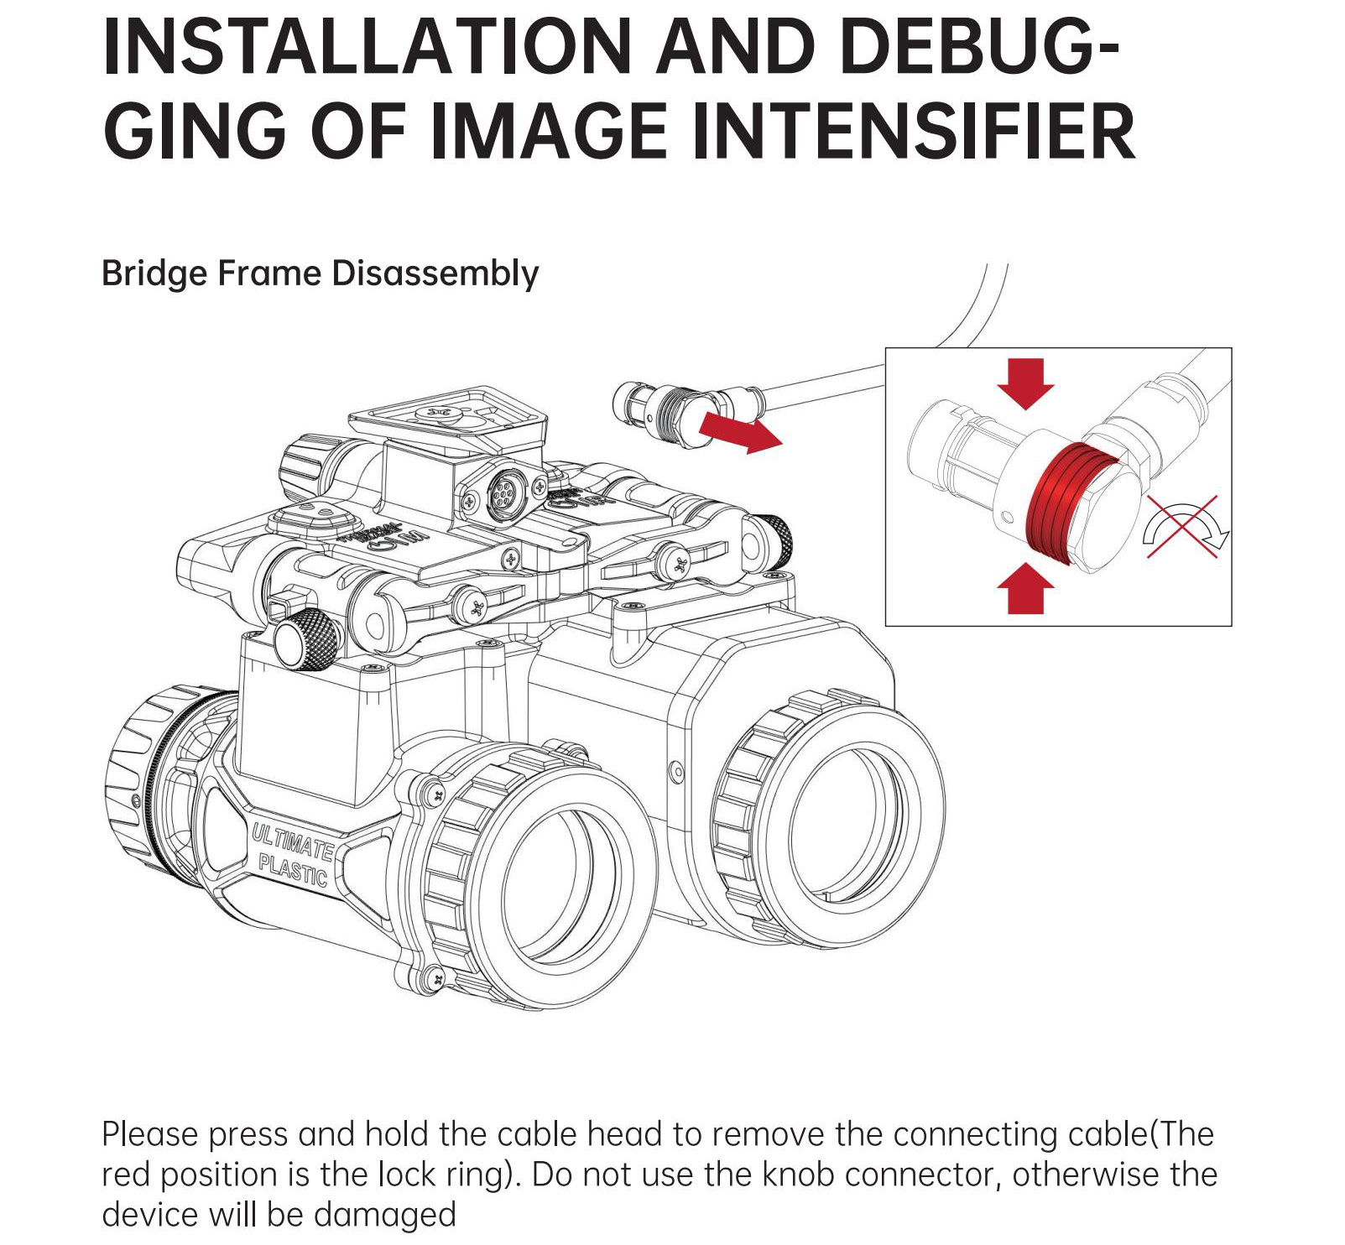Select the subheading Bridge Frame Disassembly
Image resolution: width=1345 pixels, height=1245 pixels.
320,274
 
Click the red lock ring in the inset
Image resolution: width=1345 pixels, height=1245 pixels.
1071,507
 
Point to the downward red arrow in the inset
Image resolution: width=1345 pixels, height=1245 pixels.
1024,383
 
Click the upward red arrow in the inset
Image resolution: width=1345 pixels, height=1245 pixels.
1024,589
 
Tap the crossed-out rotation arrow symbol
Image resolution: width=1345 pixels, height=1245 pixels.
1185,526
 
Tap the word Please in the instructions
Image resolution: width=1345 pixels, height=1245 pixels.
150,1134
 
